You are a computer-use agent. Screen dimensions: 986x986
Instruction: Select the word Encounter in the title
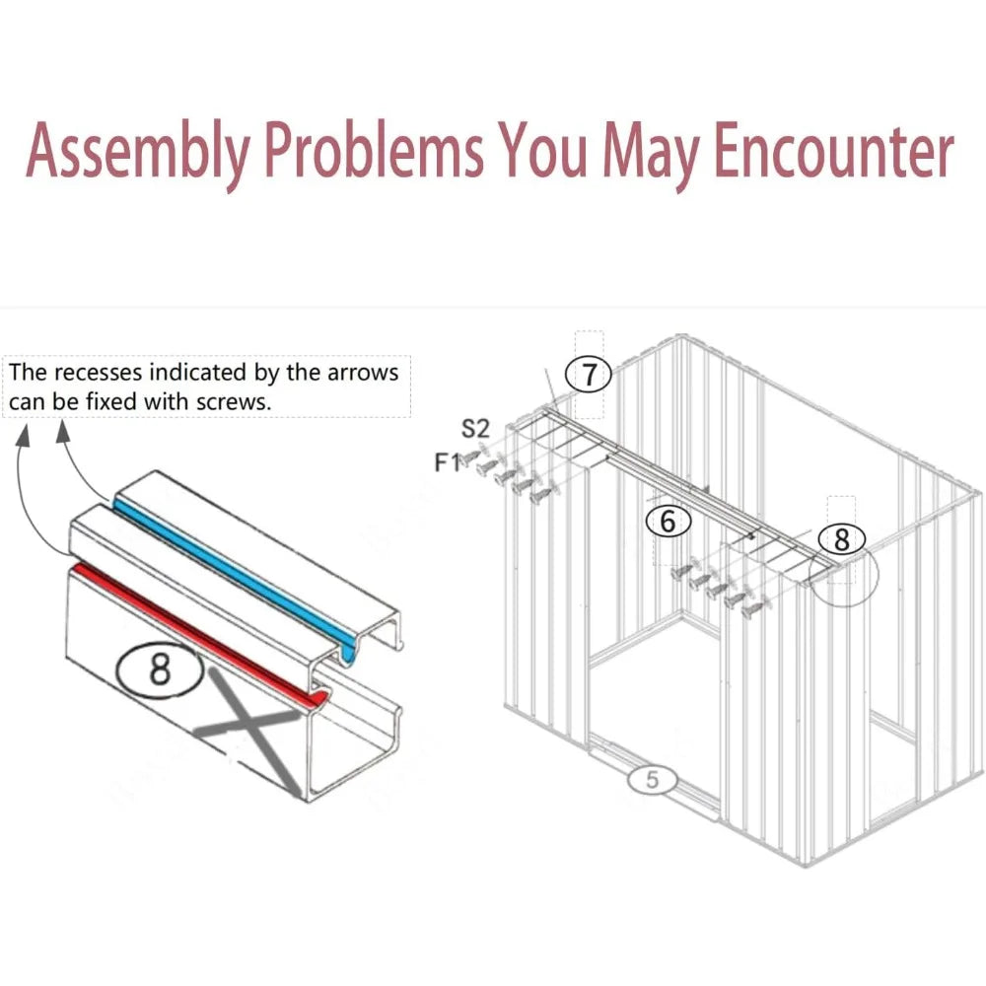coord(834,150)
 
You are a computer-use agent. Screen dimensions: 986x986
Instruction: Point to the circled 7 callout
coord(589,375)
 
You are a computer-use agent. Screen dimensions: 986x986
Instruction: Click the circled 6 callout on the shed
coord(669,522)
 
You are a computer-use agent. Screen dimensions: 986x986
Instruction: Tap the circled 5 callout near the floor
coord(652,780)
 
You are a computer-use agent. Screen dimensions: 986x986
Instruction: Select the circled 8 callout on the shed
coord(842,539)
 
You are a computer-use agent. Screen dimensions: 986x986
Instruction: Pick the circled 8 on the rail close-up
coord(160,669)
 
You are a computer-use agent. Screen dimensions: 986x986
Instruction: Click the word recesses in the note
coord(98,373)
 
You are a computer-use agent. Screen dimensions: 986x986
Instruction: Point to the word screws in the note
coord(234,402)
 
